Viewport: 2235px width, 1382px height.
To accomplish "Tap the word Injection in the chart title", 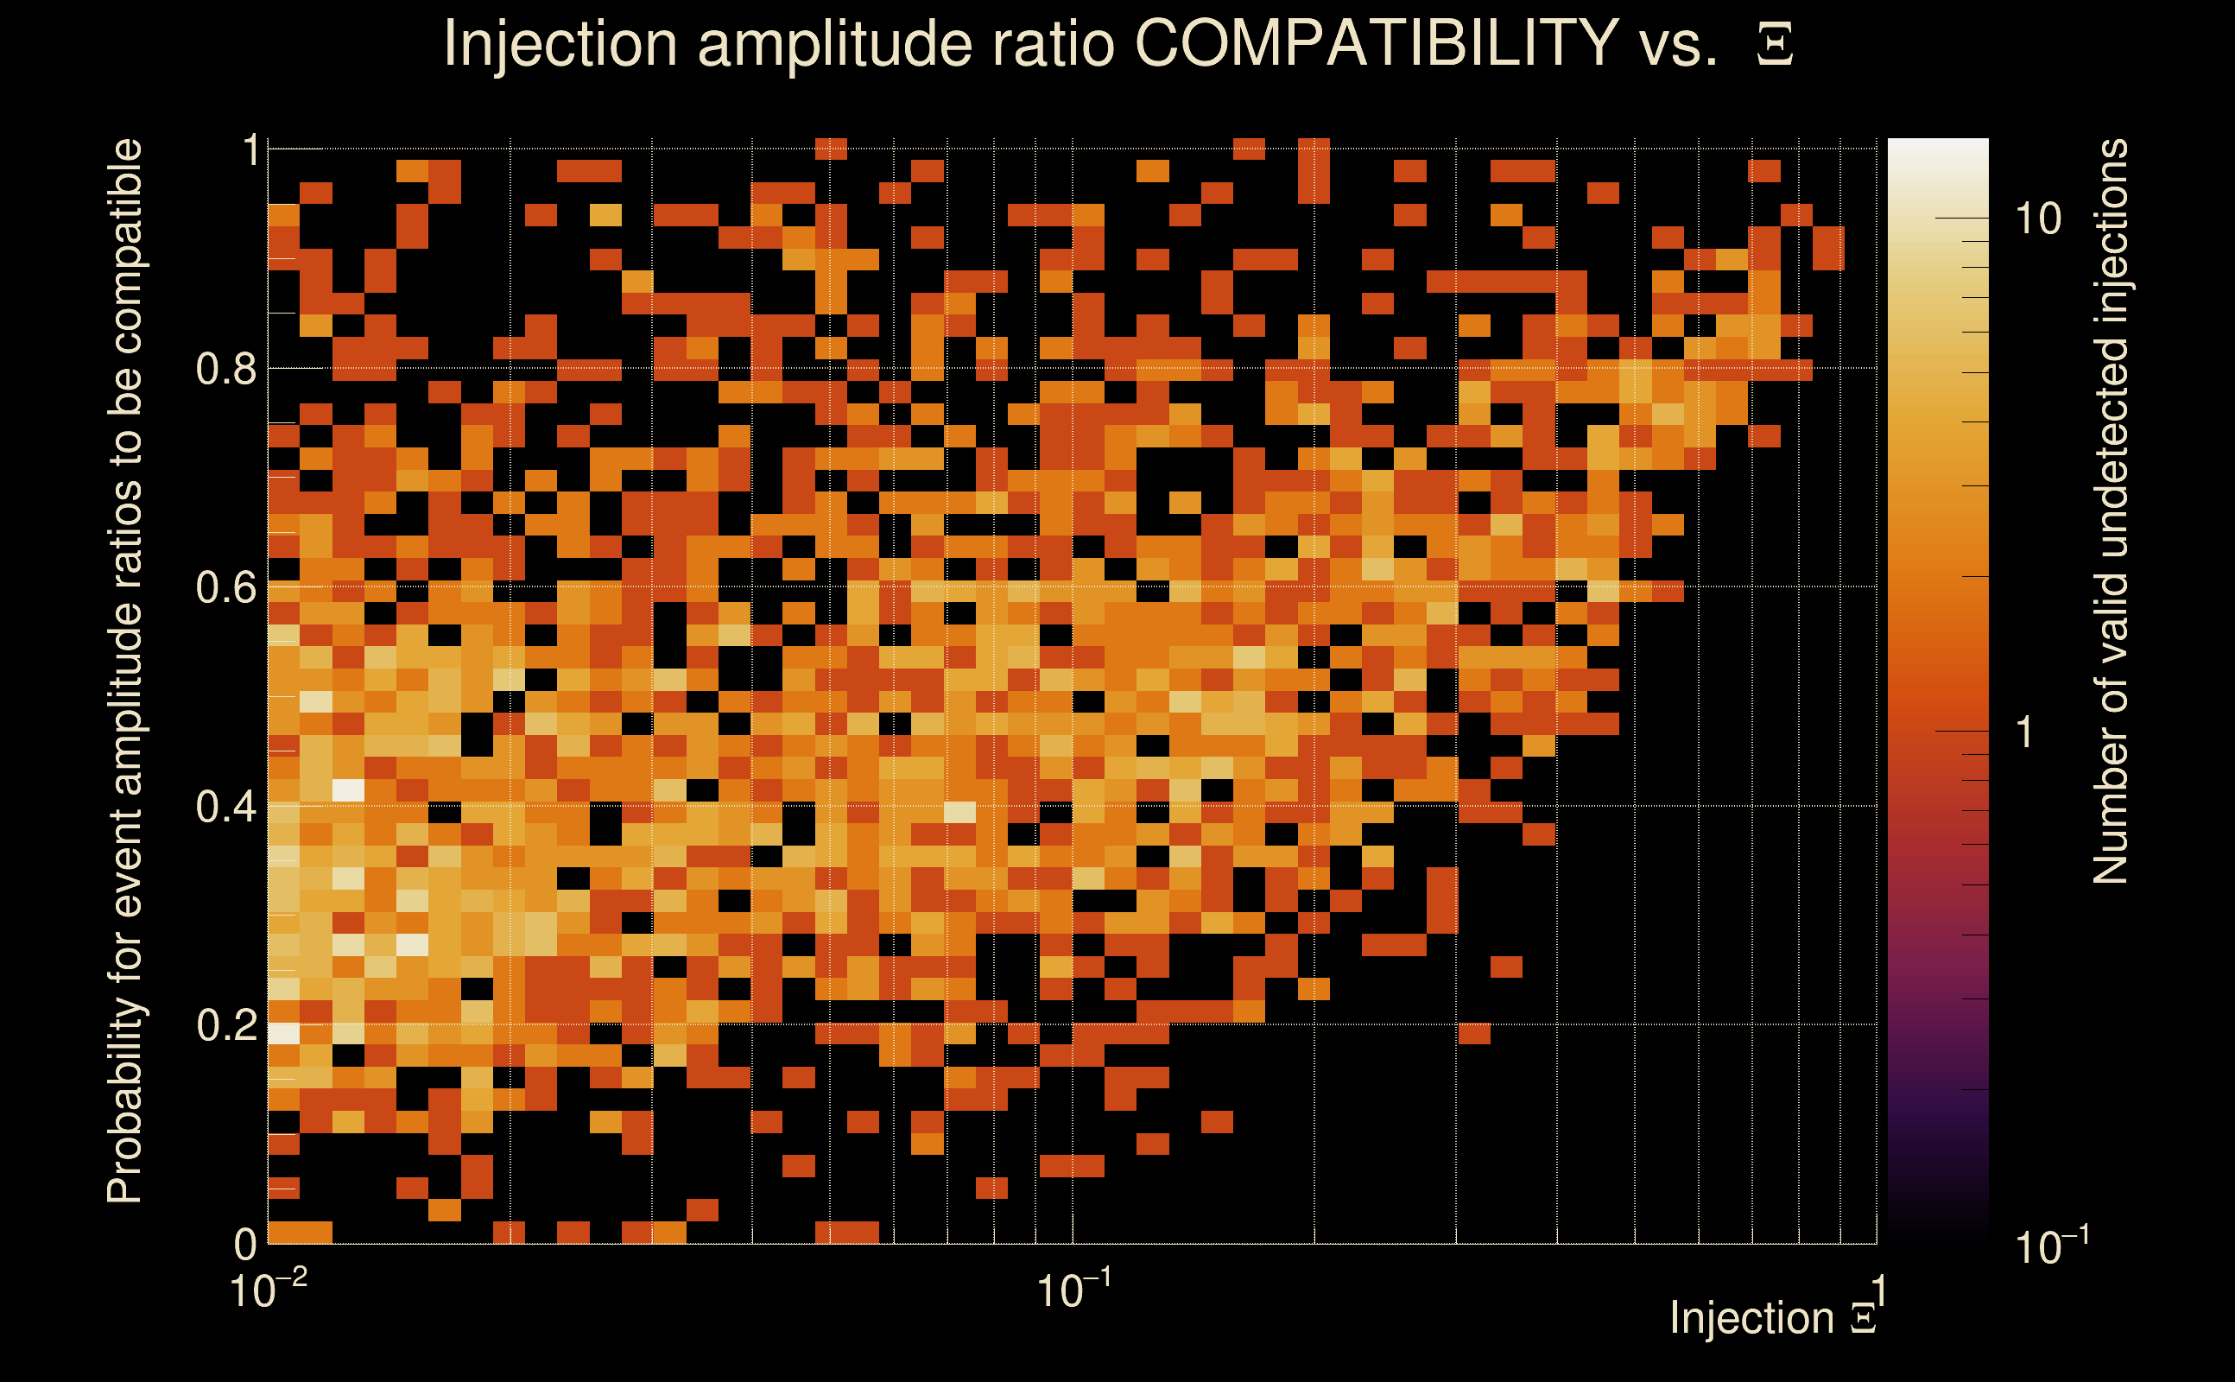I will (x=560, y=44).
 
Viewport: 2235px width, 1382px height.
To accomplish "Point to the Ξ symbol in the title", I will (x=1775, y=44).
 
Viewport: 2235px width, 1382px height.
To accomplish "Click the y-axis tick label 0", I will (x=245, y=1243).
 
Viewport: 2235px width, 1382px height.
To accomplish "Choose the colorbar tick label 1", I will (x=2025, y=732).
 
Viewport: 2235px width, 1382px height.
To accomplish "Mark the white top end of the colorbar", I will (x=1937, y=146).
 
